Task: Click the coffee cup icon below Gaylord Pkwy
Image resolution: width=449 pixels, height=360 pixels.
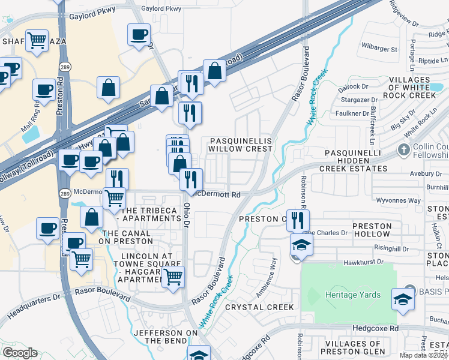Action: coord(139,34)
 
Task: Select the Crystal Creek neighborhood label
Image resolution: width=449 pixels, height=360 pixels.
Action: coord(259,307)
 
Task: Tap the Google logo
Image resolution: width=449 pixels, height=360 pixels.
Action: coord(20,353)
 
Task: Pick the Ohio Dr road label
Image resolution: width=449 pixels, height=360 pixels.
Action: coord(187,214)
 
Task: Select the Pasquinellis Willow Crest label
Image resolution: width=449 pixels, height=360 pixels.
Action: coord(240,145)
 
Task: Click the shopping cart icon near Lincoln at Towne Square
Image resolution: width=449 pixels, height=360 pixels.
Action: coord(173,277)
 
